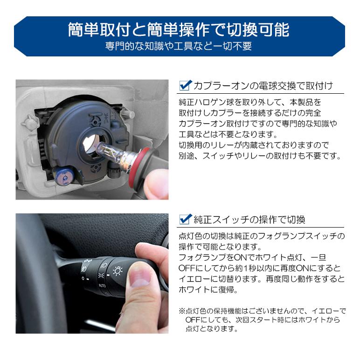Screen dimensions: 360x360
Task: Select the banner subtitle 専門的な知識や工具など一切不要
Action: coord(179,47)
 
